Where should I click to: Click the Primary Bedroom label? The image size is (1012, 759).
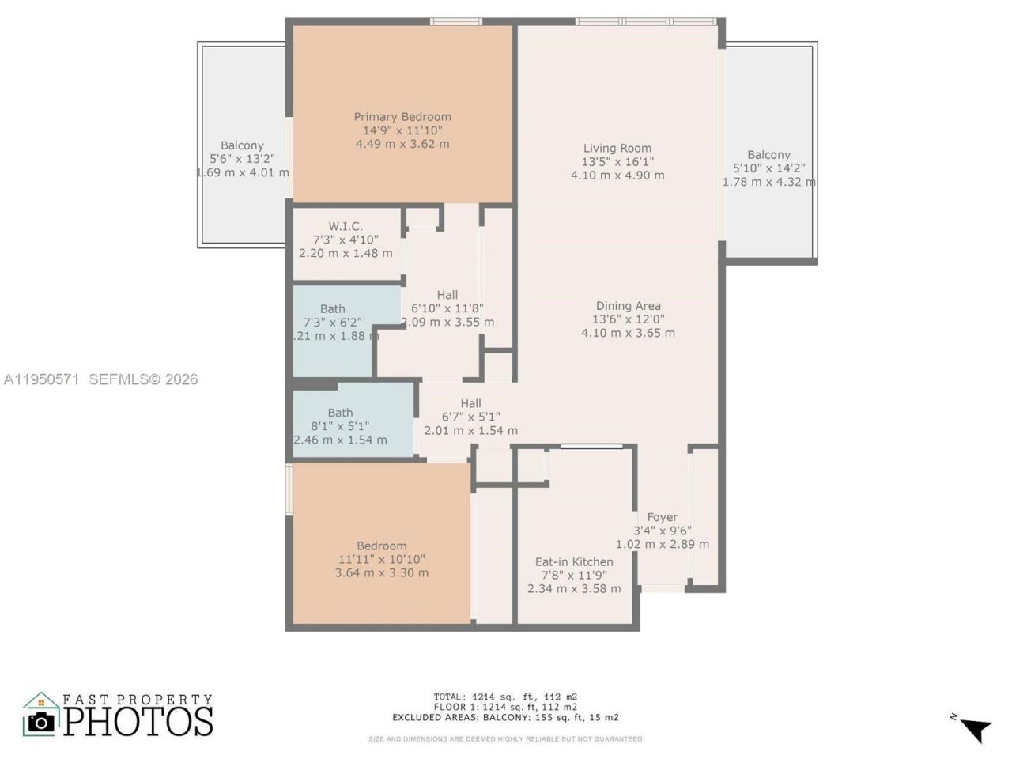402,117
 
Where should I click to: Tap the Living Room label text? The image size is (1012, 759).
617,148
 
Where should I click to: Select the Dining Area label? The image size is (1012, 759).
628,306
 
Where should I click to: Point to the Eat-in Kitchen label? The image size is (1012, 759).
574,562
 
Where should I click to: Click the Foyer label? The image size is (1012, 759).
663,517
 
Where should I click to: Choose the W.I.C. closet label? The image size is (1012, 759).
346,226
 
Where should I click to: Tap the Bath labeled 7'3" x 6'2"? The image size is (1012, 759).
333,309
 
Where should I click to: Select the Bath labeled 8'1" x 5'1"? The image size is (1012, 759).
340,413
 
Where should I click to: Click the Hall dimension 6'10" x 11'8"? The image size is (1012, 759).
447,308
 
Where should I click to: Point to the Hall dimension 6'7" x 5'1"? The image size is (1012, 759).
470,417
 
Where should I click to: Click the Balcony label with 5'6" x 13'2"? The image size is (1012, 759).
242,145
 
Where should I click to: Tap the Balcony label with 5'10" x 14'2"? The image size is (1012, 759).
768,155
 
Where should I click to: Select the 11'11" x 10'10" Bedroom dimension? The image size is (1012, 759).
382,559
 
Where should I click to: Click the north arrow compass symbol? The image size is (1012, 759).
975,728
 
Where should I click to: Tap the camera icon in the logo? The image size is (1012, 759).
41,721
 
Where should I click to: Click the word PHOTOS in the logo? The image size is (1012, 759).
138,721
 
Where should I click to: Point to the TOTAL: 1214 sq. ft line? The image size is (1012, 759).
505,697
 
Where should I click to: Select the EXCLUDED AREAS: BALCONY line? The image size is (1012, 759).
505,718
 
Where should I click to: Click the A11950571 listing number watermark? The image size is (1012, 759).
41,379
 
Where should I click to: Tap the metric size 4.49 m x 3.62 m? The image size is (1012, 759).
402,144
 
